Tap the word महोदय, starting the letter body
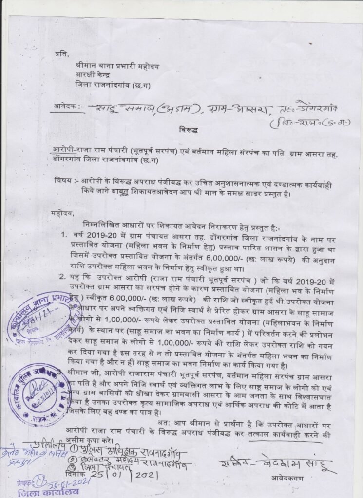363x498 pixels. coord(62,212)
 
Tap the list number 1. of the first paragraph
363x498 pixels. coord(63,235)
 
